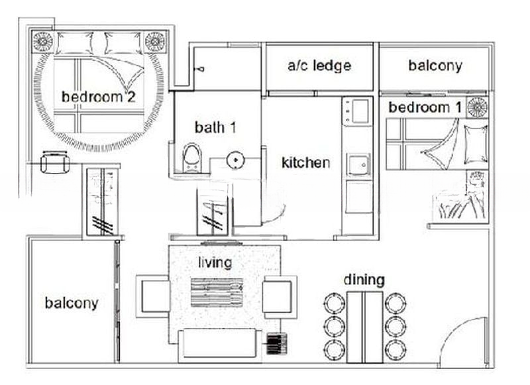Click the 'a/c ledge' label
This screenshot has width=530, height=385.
pyautogui.click(x=319, y=66)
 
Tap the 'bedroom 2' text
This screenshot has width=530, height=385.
pyautogui.click(x=98, y=97)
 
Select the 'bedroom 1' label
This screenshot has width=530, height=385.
pyautogui.click(x=425, y=107)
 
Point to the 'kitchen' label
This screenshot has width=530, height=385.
pyautogui.click(x=306, y=162)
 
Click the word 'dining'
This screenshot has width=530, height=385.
pyautogui.click(x=364, y=280)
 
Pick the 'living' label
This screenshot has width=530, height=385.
pyautogui.click(x=215, y=262)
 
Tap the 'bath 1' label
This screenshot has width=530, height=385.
pyautogui.click(x=215, y=127)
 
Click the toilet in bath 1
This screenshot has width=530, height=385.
pyautogui.click(x=192, y=158)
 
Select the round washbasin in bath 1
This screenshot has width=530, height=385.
pyautogui.click(x=235, y=160)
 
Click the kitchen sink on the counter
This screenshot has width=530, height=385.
pyautogui.click(x=358, y=164)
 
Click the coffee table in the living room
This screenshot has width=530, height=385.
pyautogui.click(x=217, y=292)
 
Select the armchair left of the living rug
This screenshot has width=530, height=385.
pyautogui.click(x=154, y=296)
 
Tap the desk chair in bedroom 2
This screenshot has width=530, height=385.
pyautogui.click(x=55, y=162)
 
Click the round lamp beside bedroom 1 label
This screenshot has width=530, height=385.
pyautogui.click(x=477, y=107)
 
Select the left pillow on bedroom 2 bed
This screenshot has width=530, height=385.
pyautogui.click(x=75, y=43)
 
